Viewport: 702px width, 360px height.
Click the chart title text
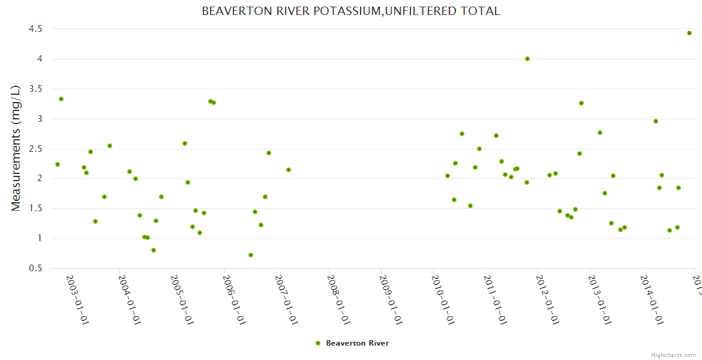tap(350, 11)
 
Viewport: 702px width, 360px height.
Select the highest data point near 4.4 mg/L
tap(689, 33)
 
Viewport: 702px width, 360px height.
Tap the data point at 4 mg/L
tap(527, 59)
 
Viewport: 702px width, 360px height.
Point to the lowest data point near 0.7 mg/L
tap(251, 255)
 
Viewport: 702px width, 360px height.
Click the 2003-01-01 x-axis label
tap(76, 300)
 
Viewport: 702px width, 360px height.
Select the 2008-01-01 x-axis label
tap(338, 300)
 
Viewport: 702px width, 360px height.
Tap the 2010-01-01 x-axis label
tap(442, 300)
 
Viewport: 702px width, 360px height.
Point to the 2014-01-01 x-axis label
tap(651, 300)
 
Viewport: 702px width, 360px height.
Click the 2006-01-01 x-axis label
tap(233, 300)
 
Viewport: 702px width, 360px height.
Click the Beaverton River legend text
tap(357, 343)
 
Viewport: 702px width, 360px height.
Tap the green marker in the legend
tap(318, 343)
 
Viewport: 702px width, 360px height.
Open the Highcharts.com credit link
tap(674, 355)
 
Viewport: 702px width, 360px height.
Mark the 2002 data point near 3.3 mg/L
tap(61, 99)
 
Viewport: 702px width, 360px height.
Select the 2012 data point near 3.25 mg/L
tap(581, 103)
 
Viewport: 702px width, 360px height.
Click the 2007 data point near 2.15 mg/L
tap(289, 170)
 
